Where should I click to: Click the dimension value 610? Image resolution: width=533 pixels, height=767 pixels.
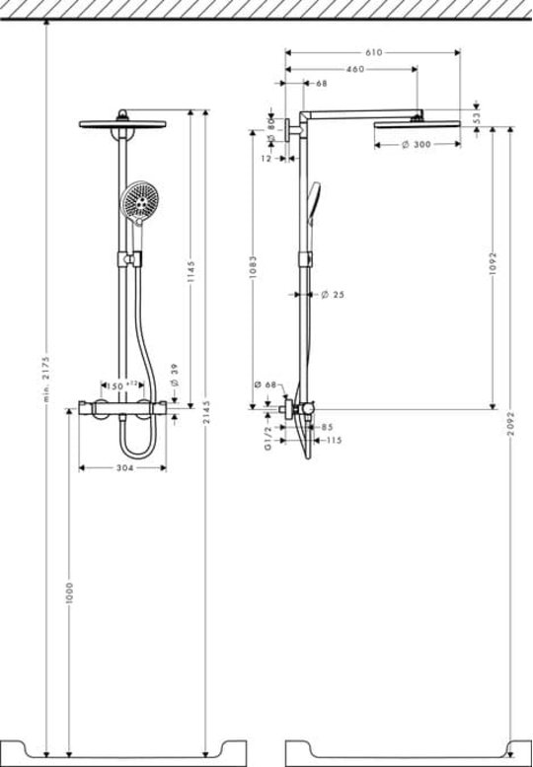click(x=373, y=53)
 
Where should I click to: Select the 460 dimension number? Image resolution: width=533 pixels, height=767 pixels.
click(x=355, y=69)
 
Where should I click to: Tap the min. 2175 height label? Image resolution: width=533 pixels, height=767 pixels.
click(x=46, y=379)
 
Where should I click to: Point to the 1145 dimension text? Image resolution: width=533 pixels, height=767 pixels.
click(x=191, y=271)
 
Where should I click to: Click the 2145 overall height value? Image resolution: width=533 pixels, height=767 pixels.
click(x=205, y=413)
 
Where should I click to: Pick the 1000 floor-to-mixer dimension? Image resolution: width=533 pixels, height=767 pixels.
click(x=69, y=593)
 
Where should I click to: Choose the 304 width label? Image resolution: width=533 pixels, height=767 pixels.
click(x=124, y=468)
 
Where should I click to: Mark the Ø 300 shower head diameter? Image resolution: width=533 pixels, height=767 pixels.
click(x=417, y=144)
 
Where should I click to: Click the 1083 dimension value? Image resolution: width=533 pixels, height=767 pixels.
click(x=253, y=267)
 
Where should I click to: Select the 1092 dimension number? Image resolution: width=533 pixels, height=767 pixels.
click(x=493, y=263)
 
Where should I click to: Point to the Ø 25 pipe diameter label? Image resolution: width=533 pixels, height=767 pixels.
click(x=334, y=295)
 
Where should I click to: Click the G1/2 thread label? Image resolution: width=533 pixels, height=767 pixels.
click(x=267, y=439)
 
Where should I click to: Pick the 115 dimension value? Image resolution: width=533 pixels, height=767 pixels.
click(x=334, y=441)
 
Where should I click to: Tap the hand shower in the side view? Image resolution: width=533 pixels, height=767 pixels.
click(x=314, y=205)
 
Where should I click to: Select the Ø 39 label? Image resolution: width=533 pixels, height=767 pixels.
click(x=176, y=375)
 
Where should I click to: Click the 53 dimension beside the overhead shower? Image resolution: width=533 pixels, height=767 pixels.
click(x=477, y=117)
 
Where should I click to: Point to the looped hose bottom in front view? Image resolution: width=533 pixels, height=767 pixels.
click(x=138, y=453)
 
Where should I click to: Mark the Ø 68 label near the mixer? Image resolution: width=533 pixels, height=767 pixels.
click(x=266, y=384)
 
